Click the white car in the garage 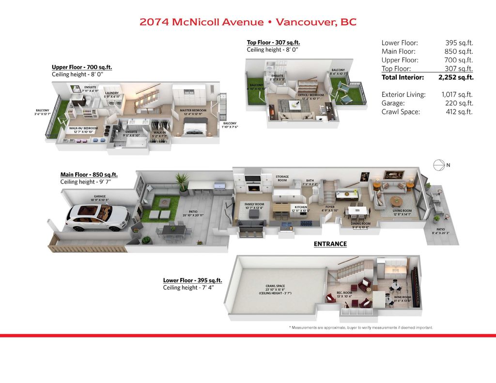click(x=97, y=216)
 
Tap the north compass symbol click(x=439, y=166)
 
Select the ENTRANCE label click(x=330, y=244)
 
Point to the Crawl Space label click(x=275, y=286)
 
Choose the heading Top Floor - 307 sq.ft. click(x=273, y=42)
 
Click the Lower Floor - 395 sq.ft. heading click(x=192, y=280)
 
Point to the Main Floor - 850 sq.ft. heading click(x=89, y=174)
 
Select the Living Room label click(x=402, y=211)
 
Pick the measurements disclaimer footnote click(x=360, y=328)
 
